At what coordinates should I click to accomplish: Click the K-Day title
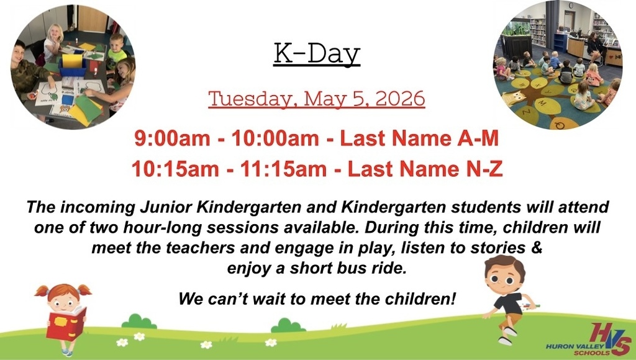point(317,55)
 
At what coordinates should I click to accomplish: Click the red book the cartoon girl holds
point(66,323)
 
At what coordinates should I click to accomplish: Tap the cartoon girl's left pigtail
point(42,290)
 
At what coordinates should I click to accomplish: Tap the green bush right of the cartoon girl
point(139,322)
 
